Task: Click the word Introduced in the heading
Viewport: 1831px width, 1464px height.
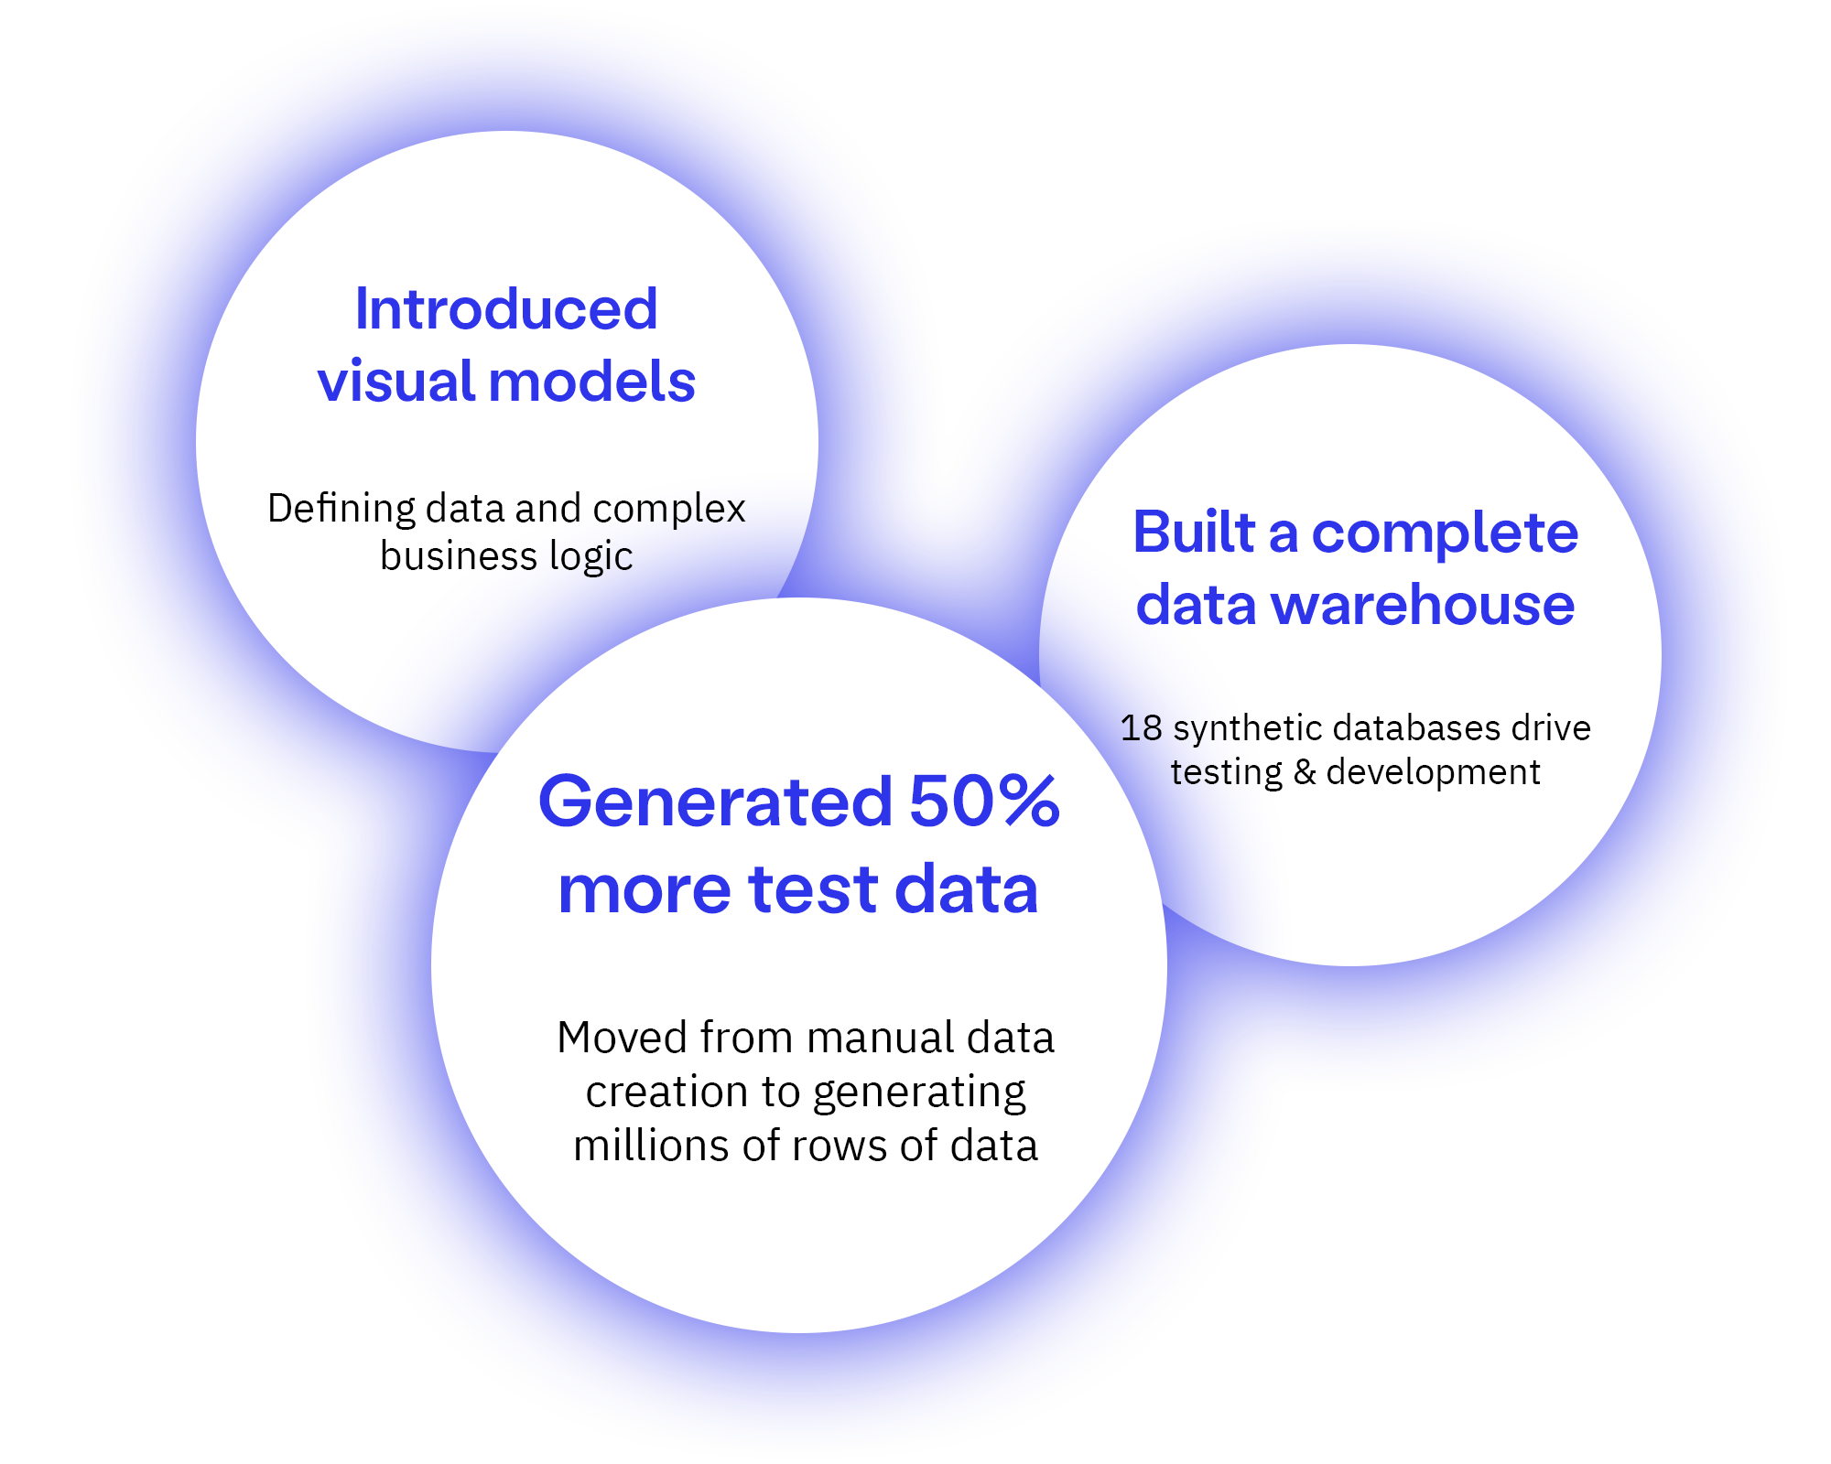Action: pyautogui.click(x=505, y=309)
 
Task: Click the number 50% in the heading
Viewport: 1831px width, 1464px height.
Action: pyautogui.click(x=983, y=802)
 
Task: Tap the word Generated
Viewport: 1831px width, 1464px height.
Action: pyautogui.click(x=715, y=802)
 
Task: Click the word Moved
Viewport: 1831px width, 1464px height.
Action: pyautogui.click(x=623, y=1039)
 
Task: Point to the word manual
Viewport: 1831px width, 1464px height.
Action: pyautogui.click(x=880, y=1039)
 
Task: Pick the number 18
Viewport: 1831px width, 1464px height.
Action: pyautogui.click(x=1141, y=728)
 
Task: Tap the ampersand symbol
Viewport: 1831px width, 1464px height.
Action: pyautogui.click(x=1305, y=773)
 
